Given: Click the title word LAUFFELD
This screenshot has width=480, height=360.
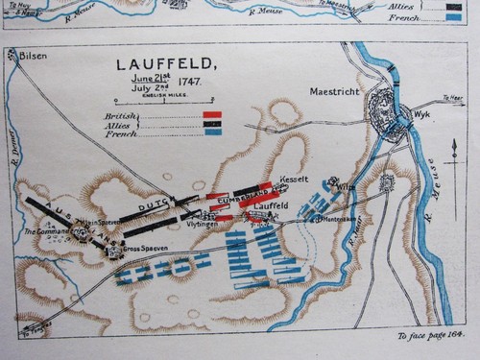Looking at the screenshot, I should [166, 65].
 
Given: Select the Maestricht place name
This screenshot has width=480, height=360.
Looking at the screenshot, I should [336, 92].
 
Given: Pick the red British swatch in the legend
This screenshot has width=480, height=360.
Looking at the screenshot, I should [212, 115].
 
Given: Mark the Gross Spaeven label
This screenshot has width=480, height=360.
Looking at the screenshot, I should [141, 249].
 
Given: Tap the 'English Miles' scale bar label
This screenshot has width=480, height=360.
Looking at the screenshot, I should [165, 96].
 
